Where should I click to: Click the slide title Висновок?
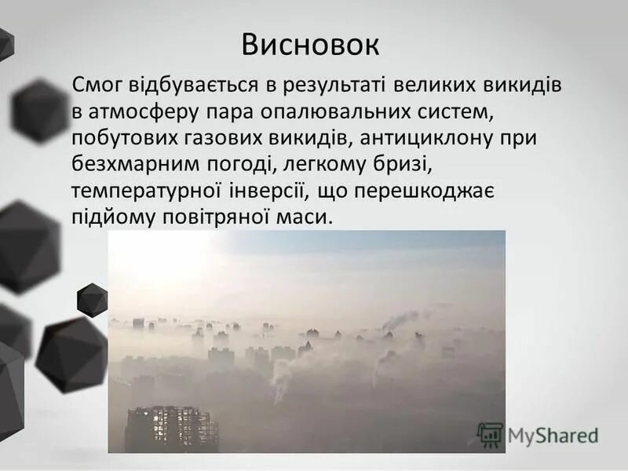[x=310, y=45]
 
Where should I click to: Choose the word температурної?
[x=155, y=192]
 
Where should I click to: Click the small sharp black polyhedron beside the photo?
[x=92, y=300]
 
